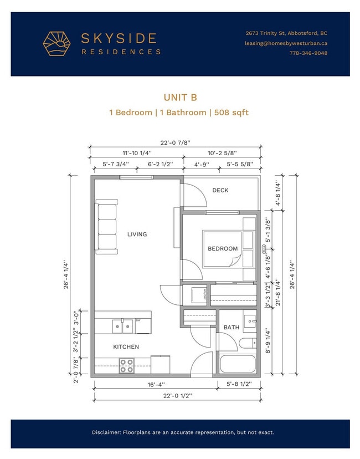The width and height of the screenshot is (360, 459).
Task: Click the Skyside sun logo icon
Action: click(58, 44)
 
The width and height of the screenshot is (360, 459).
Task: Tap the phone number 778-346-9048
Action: click(308, 53)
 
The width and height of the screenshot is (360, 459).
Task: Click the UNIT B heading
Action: click(180, 98)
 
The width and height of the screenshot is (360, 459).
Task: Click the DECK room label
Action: click(220, 190)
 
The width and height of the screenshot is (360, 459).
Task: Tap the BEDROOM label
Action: click(223, 249)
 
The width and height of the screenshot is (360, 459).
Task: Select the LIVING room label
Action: click(137, 234)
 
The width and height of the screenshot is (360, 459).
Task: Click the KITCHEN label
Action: click(126, 347)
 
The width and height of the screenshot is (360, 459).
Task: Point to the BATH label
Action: click(231, 328)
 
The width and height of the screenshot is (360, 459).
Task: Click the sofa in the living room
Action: click(106, 227)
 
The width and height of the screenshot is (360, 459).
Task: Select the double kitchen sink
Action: click(122, 327)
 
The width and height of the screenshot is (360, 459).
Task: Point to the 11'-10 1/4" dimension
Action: click(136, 153)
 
